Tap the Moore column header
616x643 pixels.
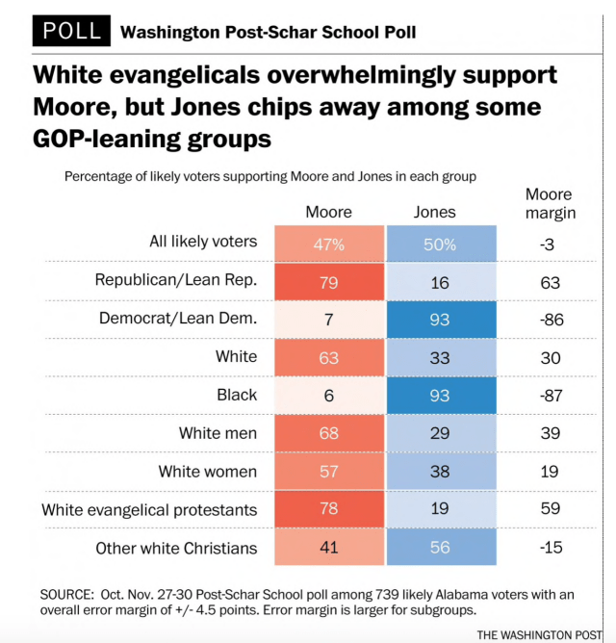click(328, 212)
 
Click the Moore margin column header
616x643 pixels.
click(550, 204)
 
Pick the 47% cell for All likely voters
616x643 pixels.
click(328, 244)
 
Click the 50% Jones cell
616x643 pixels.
click(440, 244)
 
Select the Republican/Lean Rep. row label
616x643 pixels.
click(175, 281)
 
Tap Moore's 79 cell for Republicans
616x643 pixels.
click(328, 281)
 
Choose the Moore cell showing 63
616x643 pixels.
click(328, 357)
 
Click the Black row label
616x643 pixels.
click(238, 396)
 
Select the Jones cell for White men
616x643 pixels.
click(440, 433)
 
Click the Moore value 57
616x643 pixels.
click(328, 472)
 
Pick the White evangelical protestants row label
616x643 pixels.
click(149, 510)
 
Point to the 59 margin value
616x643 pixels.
click(550, 510)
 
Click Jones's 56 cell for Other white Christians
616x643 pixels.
click(440, 548)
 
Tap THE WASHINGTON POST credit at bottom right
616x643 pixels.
click(544, 633)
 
